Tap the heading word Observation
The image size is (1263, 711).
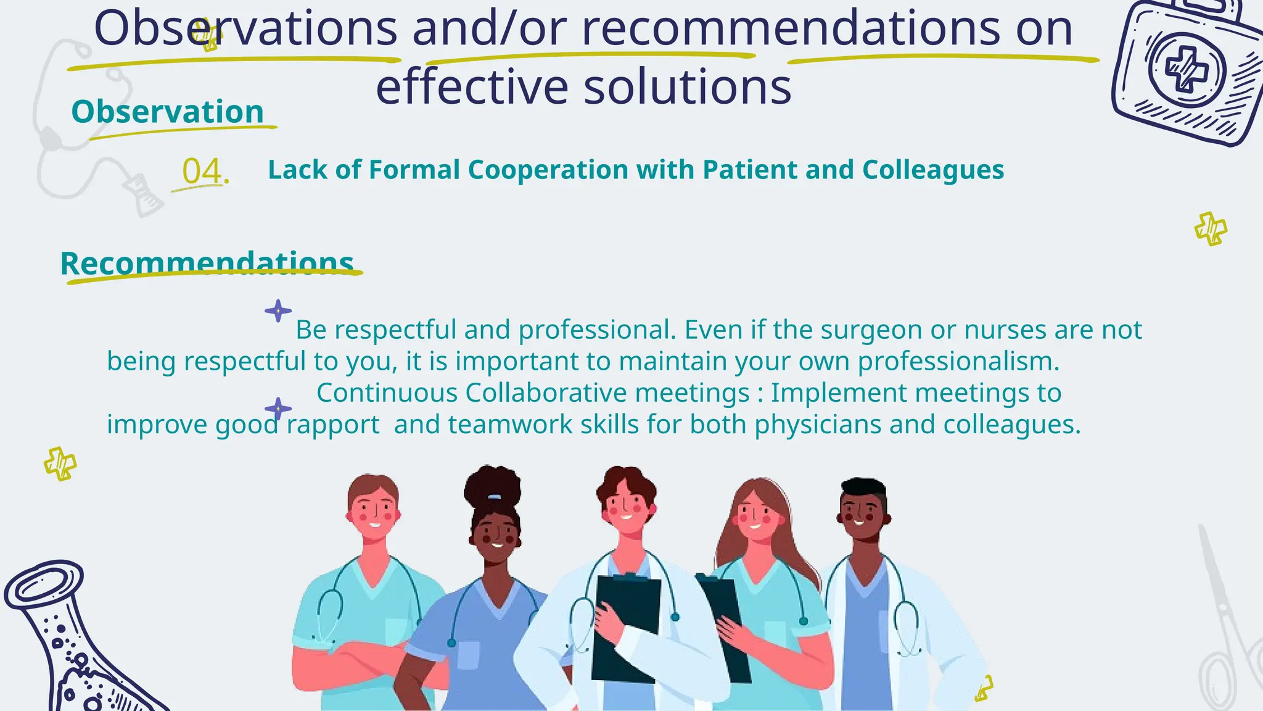coord(168,112)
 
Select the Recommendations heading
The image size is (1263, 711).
coord(207,264)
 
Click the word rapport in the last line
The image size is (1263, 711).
coord(333,425)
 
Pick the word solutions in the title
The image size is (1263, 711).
coord(687,86)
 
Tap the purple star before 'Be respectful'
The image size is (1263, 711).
coord(278,310)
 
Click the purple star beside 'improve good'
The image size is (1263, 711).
coord(278,409)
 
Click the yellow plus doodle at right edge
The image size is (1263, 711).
coord(1211,229)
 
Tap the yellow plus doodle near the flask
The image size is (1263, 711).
coord(60,464)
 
